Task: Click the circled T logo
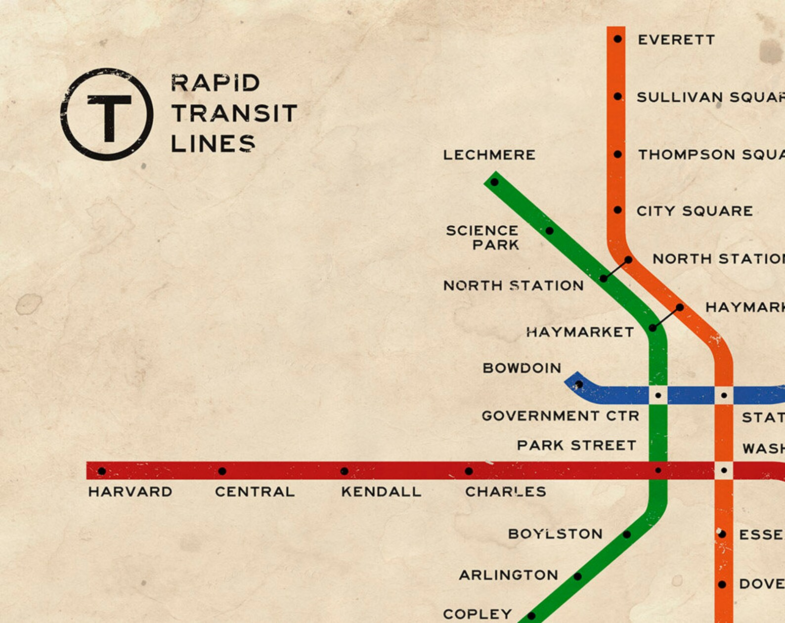click(x=107, y=114)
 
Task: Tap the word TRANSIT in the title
click(x=234, y=113)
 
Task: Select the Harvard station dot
click(x=102, y=471)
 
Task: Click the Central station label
click(x=255, y=492)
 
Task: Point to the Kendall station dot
click(x=345, y=471)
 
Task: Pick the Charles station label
click(x=505, y=492)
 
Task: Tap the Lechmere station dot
click(x=494, y=182)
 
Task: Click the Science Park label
click(x=482, y=238)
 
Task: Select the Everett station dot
click(x=617, y=39)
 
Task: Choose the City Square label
click(x=695, y=211)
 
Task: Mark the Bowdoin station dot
click(x=579, y=384)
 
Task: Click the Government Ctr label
click(x=561, y=416)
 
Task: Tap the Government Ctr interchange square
click(x=658, y=395)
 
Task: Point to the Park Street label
click(x=576, y=445)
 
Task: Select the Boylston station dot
click(x=627, y=534)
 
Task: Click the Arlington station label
click(x=508, y=575)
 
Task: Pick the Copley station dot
click(x=531, y=616)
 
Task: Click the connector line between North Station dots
click(x=616, y=269)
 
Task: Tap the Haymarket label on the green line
click(x=580, y=332)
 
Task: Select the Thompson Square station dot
click(x=617, y=154)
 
